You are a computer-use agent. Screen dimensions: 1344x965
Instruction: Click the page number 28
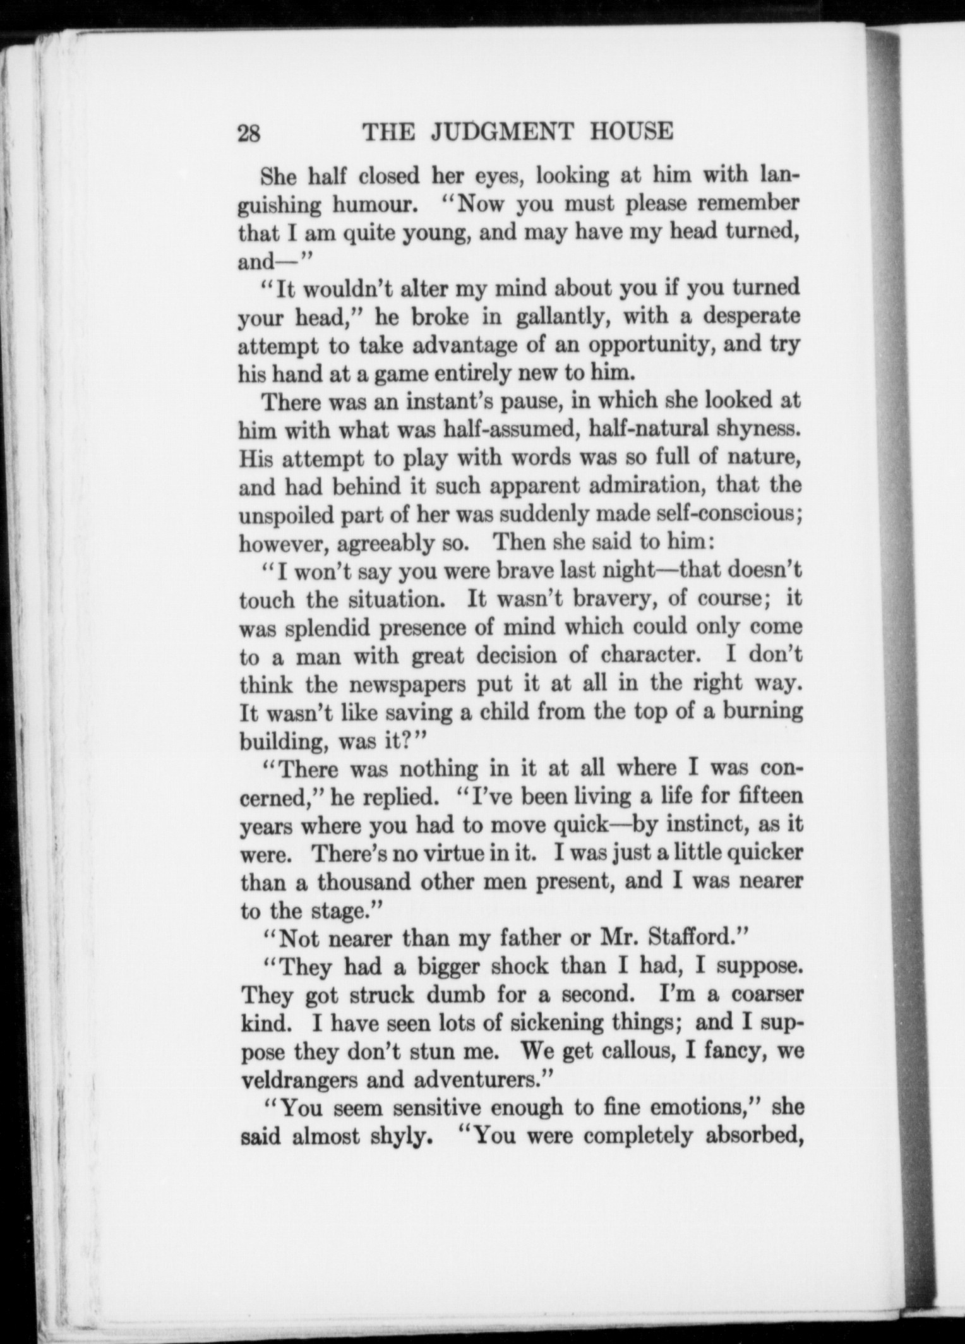pos(249,133)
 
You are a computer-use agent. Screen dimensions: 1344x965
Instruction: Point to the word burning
pos(762,712)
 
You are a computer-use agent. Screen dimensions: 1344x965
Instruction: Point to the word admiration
pos(652,486)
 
